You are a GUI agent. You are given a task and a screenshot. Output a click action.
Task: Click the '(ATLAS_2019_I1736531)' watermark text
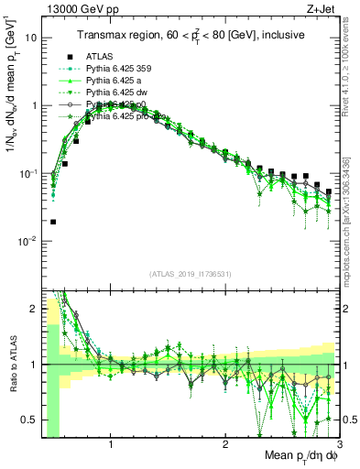coord(191,274)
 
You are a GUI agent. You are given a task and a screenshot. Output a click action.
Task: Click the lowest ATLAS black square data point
coord(53,222)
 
